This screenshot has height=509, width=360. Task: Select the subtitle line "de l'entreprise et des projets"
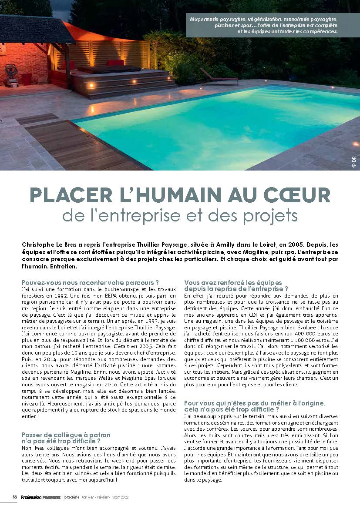click(180, 215)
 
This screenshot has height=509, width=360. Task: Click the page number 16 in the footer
click(14, 497)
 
